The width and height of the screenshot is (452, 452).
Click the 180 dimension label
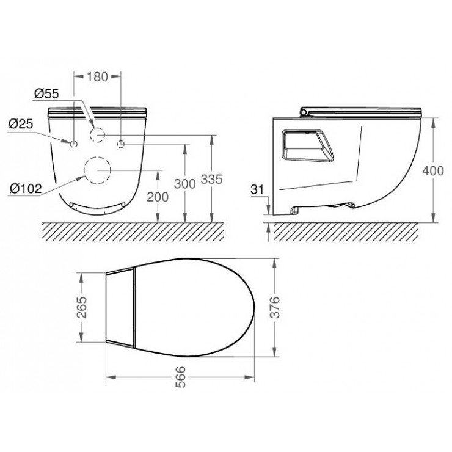(98, 77)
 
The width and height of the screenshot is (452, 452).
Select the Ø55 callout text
(46, 93)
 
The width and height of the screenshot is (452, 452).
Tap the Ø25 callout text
(21, 124)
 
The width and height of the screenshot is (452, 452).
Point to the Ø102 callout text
(26, 189)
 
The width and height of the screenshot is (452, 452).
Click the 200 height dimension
(158, 197)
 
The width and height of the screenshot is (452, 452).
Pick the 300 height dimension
(185, 184)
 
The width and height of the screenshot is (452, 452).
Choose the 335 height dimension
(211, 180)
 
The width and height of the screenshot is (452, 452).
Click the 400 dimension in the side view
(433, 171)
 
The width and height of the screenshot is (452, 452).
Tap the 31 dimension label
(257, 189)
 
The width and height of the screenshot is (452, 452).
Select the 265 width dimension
(82, 307)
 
